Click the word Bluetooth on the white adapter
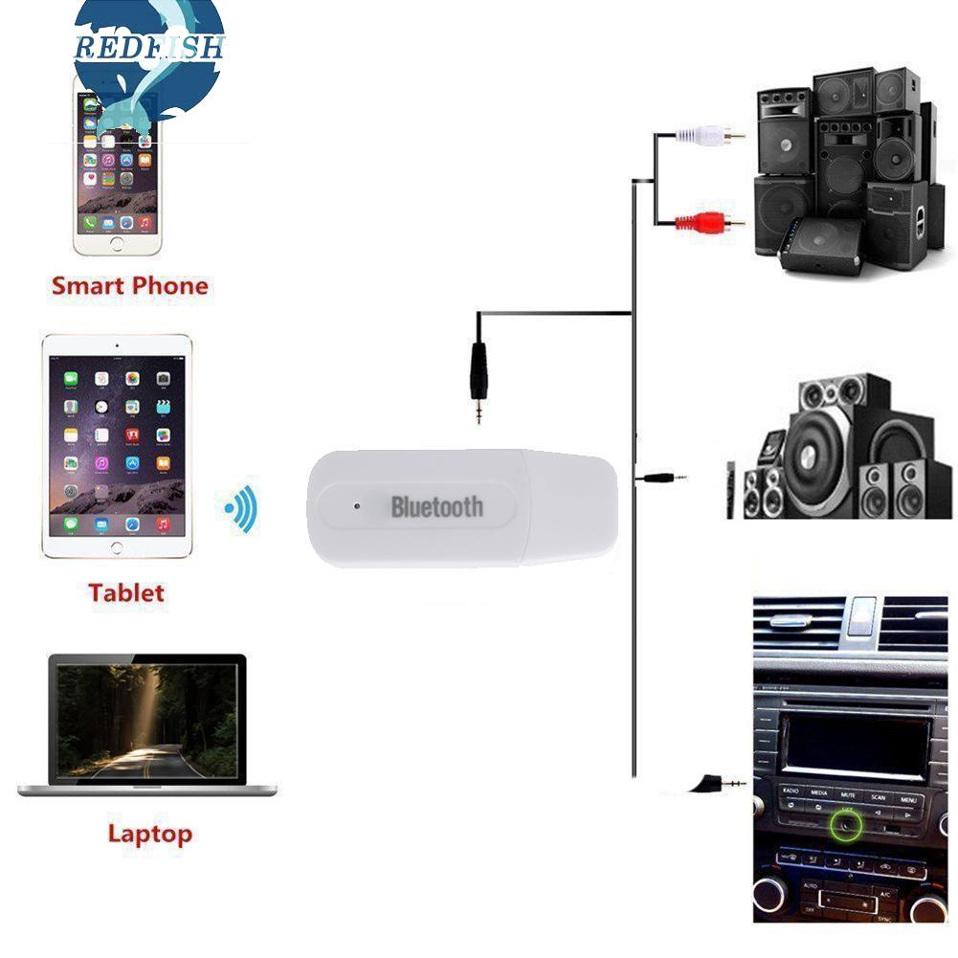[436, 507]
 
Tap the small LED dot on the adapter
[356, 501]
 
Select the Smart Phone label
[129, 285]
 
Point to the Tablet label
[126, 592]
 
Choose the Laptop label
[149, 834]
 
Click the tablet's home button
[117, 547]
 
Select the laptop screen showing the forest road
[146, 721]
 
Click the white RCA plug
[708, 135]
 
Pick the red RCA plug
[708, 223]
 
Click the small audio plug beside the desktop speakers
[665, 476]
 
